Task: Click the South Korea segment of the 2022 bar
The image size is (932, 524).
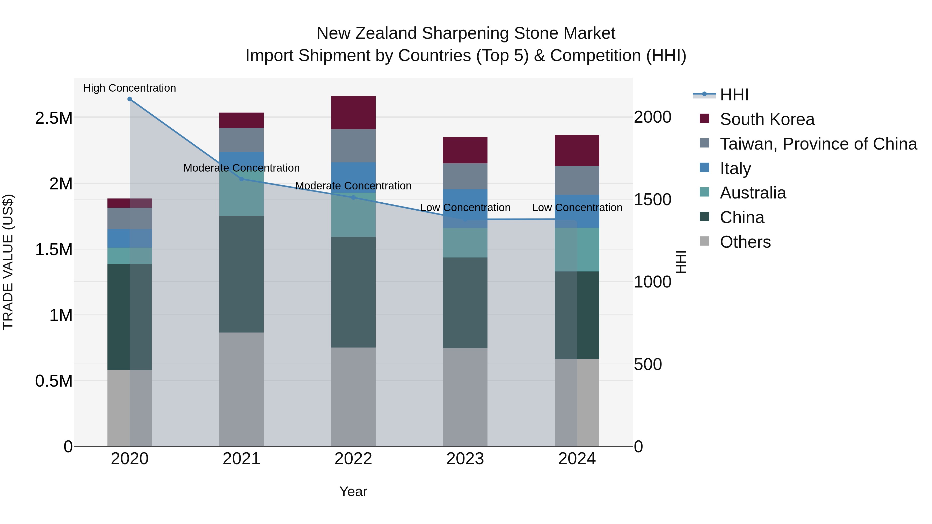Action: click(353, 113)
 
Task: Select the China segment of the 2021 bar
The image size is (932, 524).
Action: click(241, 274)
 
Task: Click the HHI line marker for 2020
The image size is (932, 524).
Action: click(129, 99)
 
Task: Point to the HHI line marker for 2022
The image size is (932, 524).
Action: click(353, 197)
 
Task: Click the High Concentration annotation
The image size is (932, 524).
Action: click(129, 88)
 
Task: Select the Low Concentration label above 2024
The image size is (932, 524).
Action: click(577, 208)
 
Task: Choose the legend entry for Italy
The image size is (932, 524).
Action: click(735, 168)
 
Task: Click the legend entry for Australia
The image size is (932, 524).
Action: click(753, 193)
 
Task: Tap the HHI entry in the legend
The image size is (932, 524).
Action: click(734, 95)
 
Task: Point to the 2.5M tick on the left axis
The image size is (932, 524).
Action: click(54, 118)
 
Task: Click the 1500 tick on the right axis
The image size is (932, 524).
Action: click(652, 200)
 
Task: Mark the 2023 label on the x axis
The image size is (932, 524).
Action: click(465, 459)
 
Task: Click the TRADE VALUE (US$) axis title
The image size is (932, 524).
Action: click(8, 262)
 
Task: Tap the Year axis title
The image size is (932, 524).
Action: click(353, 491)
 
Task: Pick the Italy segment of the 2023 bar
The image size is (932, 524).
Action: click(465, 208)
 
